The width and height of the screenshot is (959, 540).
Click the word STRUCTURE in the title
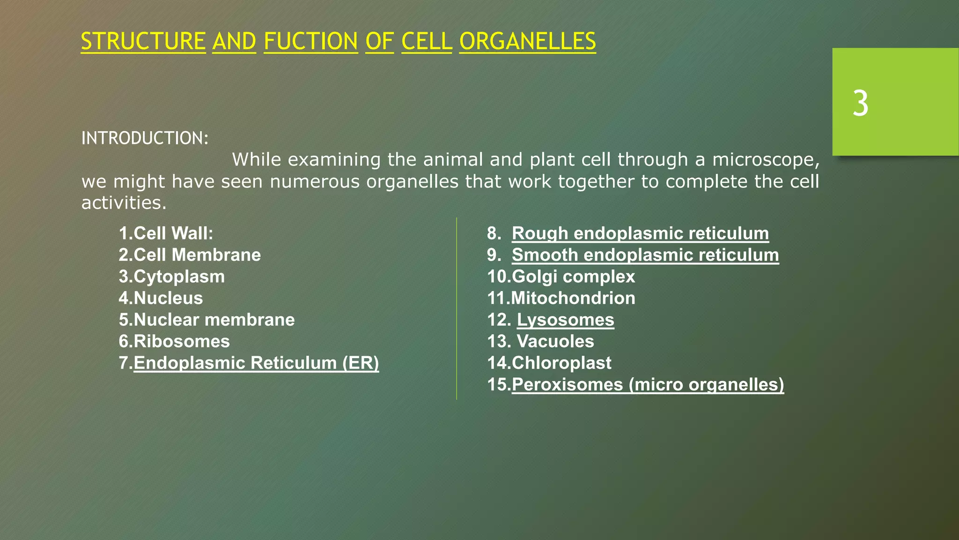point(143,41)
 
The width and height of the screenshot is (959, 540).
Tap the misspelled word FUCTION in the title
point(311,41)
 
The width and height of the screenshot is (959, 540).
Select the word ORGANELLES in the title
point(527,41)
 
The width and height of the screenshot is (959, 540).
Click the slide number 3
point(860,104)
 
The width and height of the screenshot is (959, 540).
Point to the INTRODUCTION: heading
point(145,138)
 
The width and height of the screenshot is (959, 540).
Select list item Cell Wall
point(166,233)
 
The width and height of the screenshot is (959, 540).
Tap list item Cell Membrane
point(190,255)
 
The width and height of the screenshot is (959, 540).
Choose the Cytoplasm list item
point(172,277)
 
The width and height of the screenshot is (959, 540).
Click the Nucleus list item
point(161,298)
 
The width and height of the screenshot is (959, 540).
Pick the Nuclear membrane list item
point(207,320)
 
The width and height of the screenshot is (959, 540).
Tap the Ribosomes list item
point(174,341)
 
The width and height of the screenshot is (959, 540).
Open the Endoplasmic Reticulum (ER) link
point(256,363)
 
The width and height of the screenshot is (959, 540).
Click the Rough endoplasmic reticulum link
point(640,233)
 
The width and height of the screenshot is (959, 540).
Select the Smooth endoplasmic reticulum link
point(645,255)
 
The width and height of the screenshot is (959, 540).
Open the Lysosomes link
point(565,320)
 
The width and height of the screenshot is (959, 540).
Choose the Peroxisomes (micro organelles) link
point(648,384)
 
